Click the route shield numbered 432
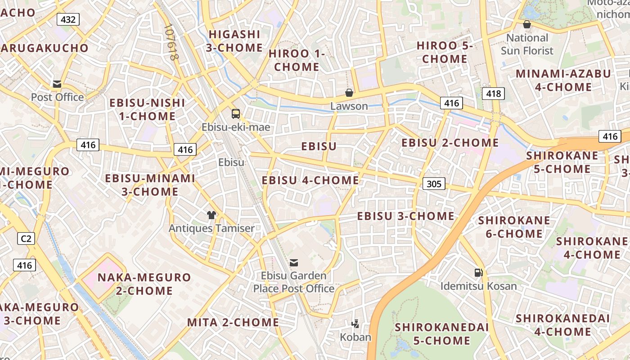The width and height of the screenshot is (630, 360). click(x=68, y=19)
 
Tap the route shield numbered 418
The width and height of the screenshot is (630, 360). click(x=493, y=94)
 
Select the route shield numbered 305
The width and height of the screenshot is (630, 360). click(x=434, y=184)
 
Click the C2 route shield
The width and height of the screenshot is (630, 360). click(x=26, y=238)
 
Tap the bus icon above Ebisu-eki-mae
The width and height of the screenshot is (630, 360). click(x=236, y=113)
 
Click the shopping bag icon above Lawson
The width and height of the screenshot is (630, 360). click(x=349, y=93)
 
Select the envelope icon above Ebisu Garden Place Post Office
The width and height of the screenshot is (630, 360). click(x=294, y=262)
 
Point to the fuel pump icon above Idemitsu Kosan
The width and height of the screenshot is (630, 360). click(x=478, y=272)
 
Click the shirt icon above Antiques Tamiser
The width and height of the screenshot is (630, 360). click(x=211, y=215)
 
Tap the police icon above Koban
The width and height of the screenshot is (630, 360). click(x=355, y=323)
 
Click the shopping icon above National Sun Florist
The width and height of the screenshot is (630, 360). click(x=526, y=24)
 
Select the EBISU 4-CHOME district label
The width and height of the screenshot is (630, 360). click(x=310, y=180)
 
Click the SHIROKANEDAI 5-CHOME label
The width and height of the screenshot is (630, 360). click(x=441, y=333)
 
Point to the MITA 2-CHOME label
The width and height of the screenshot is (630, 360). click(x=233, y=322)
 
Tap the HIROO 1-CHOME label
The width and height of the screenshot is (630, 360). click(x=297, y=60)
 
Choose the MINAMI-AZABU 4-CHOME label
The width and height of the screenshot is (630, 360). click(x=563, y=80)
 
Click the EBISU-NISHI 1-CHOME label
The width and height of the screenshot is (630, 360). click(x=147, y=109)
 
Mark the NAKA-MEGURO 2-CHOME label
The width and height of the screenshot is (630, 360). click(x=144, y=283)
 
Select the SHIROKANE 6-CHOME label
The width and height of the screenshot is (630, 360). click(x=514, y=227)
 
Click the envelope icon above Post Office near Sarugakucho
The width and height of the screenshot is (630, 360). click(x=57, y=84)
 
